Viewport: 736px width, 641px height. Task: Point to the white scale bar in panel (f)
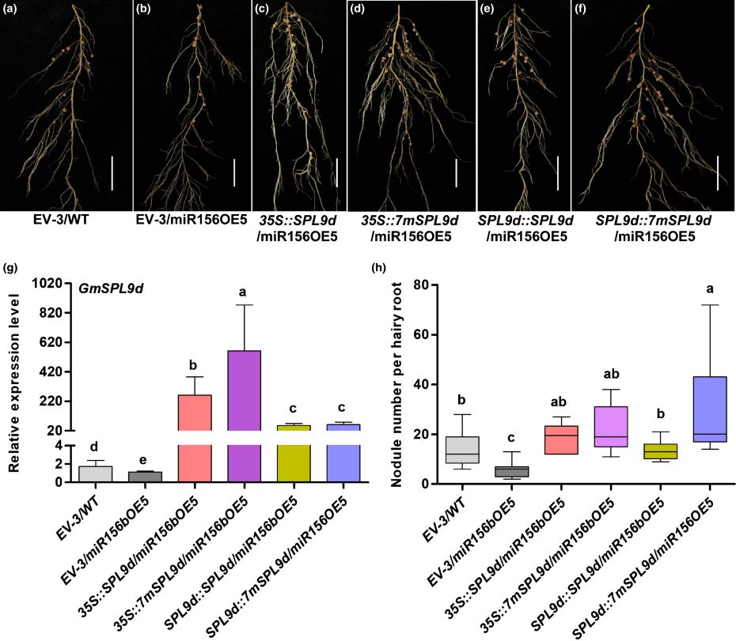[x=718, y=173]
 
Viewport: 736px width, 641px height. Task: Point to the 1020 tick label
[x=47, y=283]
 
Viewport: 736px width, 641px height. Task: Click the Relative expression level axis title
[x=13, y=379]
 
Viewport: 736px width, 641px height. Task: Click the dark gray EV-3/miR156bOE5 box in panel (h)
[x=511, y=471]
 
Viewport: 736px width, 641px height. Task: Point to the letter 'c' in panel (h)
[x=511, y=436]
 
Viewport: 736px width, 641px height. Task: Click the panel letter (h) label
[x=380, y=266]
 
